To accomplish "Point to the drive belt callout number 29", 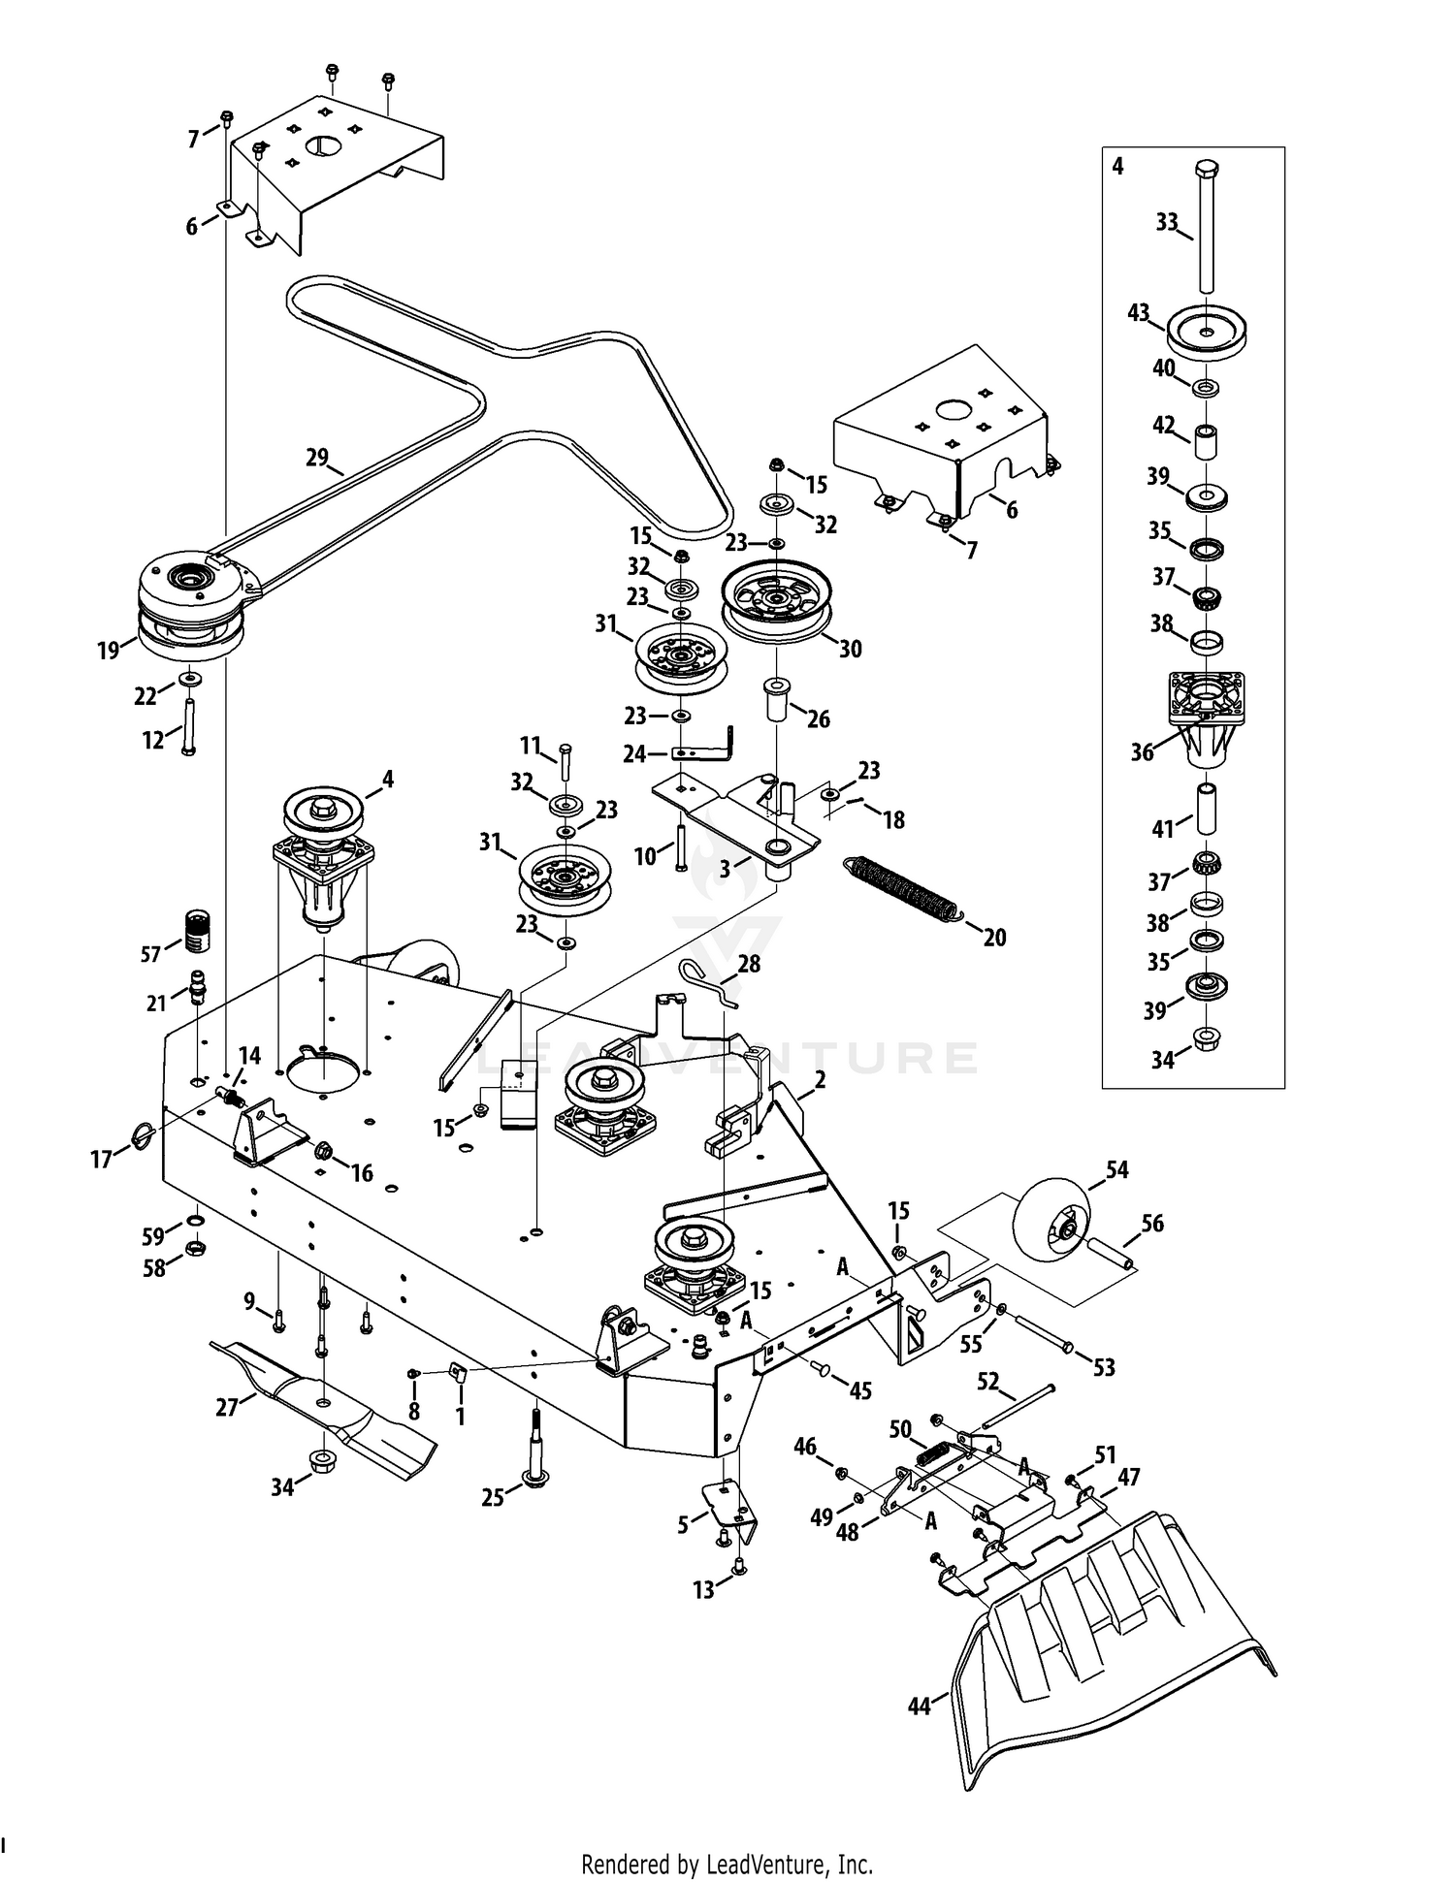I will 317,457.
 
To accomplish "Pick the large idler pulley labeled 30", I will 776,601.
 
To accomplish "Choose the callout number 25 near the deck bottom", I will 493,1498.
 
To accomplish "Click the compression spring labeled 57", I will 197,933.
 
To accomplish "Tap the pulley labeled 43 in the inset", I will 1207,332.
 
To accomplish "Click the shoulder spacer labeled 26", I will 777,698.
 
